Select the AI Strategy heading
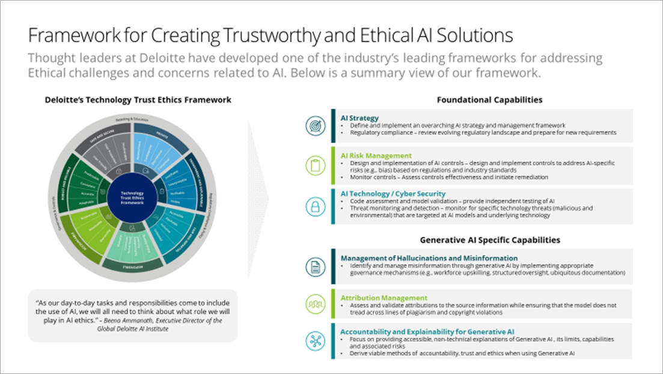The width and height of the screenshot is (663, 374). point(359,118)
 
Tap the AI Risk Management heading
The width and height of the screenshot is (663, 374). point(376,155)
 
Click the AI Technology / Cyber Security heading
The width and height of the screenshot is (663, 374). point(393,194)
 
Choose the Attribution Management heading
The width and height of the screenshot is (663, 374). point(384,298)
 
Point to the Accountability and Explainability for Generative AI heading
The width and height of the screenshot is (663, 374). point(427,331)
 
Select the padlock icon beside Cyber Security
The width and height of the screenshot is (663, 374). point(315,206)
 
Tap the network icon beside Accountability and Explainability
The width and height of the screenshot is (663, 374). point(315,340)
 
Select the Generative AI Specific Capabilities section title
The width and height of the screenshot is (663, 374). point(490,240)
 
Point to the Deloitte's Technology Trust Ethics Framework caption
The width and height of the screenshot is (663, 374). point(138,100)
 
